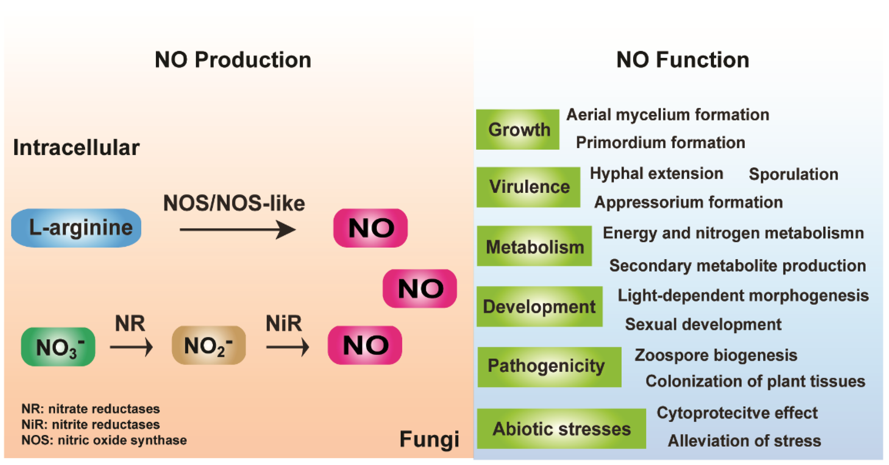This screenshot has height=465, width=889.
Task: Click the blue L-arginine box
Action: click(76, 228)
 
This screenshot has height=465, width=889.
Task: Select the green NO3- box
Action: click(58, 346)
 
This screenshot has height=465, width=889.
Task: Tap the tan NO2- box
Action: click(208, 345)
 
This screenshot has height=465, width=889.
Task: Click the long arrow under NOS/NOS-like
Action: click(237, 230)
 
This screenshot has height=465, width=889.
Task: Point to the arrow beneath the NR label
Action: click(131, 347)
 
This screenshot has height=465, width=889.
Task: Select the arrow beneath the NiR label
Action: click(287, 347)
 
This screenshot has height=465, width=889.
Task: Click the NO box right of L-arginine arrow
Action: click(370, 228)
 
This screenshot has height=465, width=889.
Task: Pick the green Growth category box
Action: click(517, 129)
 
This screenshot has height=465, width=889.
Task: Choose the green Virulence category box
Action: click(528, 187)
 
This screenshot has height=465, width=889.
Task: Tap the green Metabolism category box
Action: click(534, 246)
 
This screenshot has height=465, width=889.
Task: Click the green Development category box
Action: click(539, 306)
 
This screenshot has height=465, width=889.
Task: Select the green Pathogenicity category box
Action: click(549, 367)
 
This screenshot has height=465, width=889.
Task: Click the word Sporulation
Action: click(793, 174)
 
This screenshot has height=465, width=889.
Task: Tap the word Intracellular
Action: click(76, 148)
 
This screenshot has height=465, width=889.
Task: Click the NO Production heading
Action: click(233, 60)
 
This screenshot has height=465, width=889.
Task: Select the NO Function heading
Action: click(683, 60)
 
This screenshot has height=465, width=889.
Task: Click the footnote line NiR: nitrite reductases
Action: click(90, 424)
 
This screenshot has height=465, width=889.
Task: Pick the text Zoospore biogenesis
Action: click(716, 355)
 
